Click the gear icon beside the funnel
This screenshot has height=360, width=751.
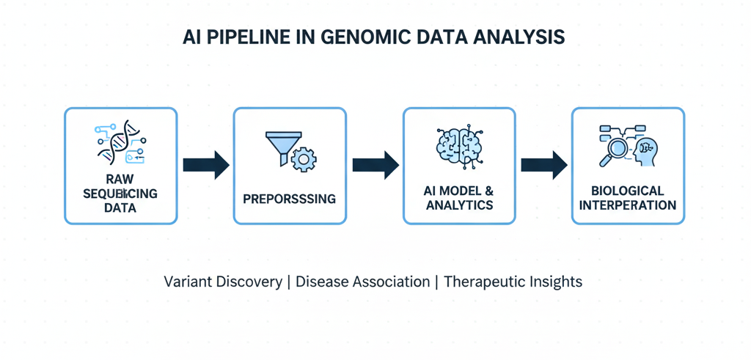point(303,158)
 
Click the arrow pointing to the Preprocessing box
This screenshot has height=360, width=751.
point(205,166)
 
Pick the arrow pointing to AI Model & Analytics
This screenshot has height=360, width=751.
point(375,166)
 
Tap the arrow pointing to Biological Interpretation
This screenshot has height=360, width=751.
point(543,166)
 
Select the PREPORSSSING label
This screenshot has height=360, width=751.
point(290,199)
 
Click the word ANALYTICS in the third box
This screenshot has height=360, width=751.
point(459,205)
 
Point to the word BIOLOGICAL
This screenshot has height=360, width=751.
point(628,191)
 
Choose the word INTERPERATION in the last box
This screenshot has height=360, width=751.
point(628,205)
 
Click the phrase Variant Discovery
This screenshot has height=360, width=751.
point(222,282)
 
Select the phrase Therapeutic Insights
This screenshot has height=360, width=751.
point(513,282)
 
